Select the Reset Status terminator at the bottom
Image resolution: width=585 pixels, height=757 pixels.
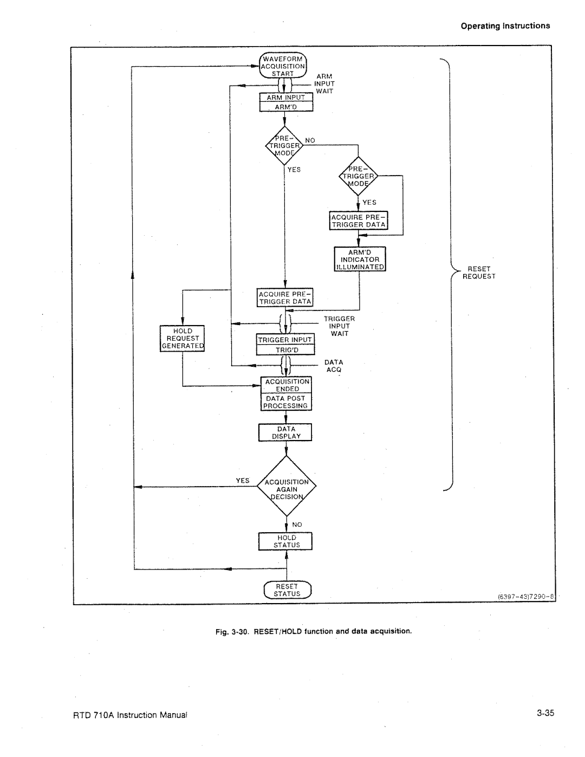tap(287, 590)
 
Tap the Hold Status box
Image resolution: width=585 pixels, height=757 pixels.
tap(285, 541)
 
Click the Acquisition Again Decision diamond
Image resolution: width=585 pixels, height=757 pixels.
tap(286, 486)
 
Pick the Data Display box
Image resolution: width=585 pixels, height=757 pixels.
tap(285, 432)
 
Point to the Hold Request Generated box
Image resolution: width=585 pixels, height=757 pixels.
tap(183, 339)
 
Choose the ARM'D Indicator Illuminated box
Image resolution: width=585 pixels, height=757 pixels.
tap(360, 259)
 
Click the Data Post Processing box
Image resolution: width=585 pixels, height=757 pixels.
tap(286, 402)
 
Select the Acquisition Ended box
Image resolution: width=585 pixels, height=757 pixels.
tap(286, 385)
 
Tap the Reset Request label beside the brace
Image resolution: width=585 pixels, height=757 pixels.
tap(479, 273)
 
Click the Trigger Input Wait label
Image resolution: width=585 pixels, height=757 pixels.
tap(339, 326)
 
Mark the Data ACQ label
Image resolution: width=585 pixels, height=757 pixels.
tap(334, 366)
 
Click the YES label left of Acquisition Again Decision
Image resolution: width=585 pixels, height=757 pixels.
tap(242, 481)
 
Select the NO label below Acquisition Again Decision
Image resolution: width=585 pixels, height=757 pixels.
tap(297, 525)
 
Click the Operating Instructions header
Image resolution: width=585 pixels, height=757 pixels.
tap(505, 25)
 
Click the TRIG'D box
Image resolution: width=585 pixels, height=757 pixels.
tap(285, 350)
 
